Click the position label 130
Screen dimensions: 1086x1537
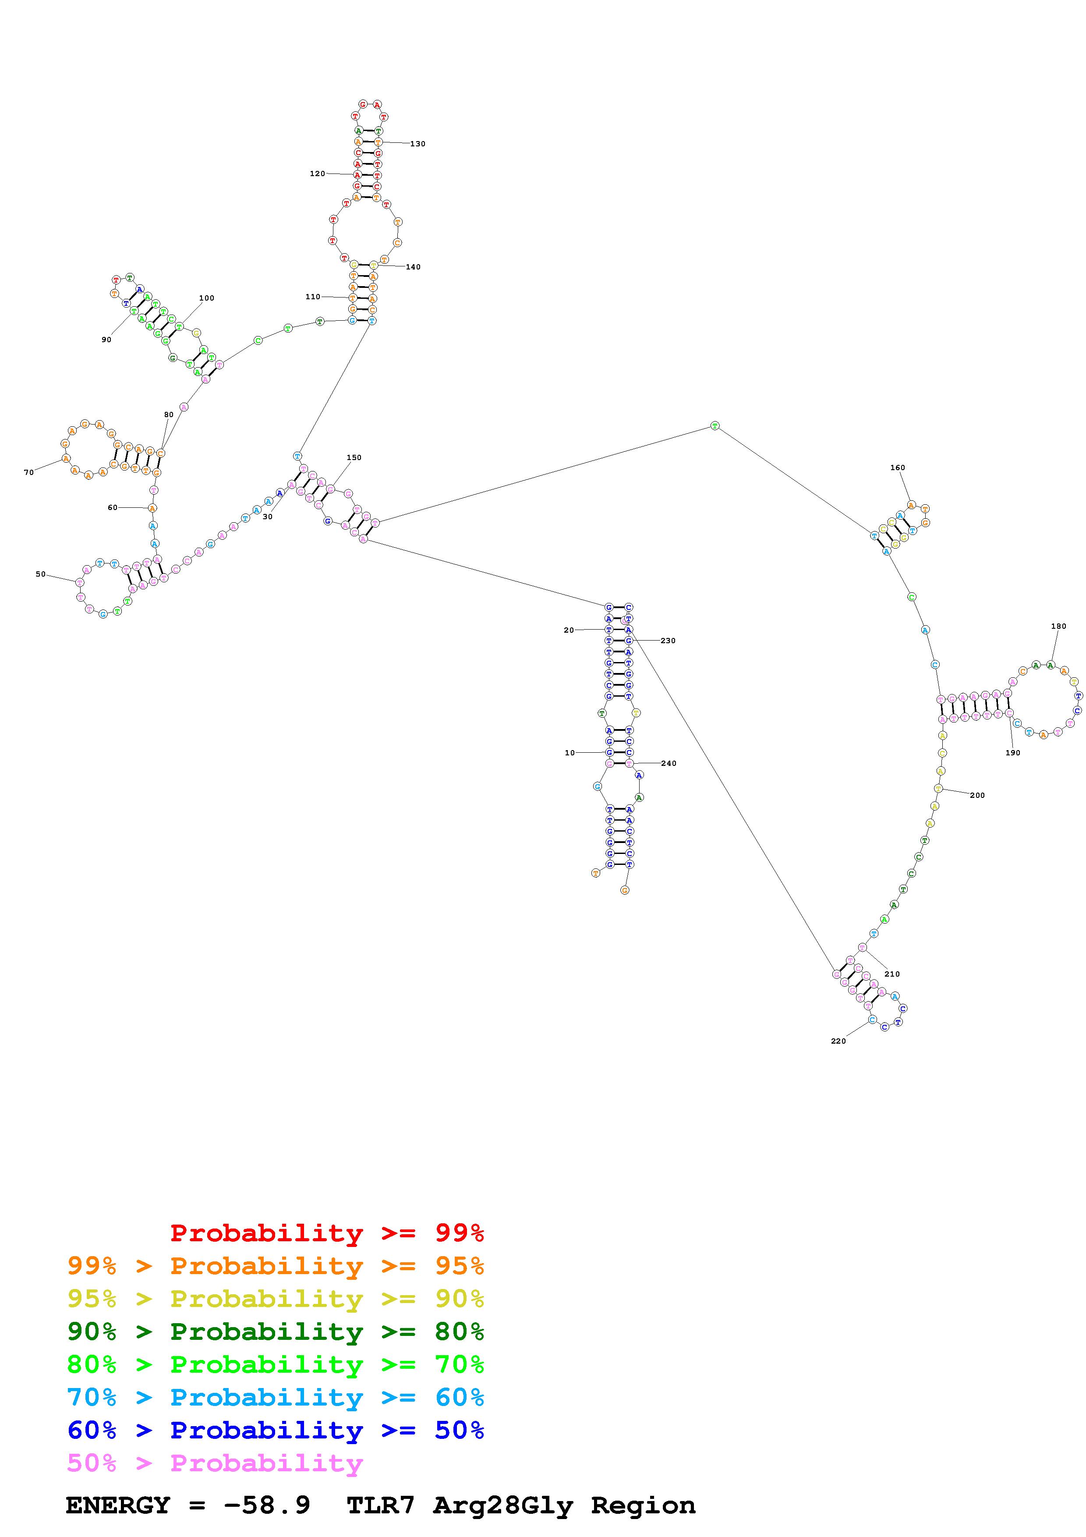click(x=417, y=144)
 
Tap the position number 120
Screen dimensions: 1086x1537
click(x=317, y=174)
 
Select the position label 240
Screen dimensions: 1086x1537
click(x=669, y=763)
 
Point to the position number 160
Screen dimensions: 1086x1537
click(x=897, y=468)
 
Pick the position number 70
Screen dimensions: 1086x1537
click(x=29, y=473)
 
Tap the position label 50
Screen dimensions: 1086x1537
click(x=41, y=574)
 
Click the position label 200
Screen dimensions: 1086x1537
click(x=977, y=795)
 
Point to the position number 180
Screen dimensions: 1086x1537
click(x=1058, y=627)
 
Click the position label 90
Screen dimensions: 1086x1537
click(x=106, y=340)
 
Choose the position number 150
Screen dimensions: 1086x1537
click(x=354, y=458)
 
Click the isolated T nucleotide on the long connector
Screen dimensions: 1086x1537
click(x=715, y=426)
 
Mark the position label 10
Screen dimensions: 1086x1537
click(x=570, y=753)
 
